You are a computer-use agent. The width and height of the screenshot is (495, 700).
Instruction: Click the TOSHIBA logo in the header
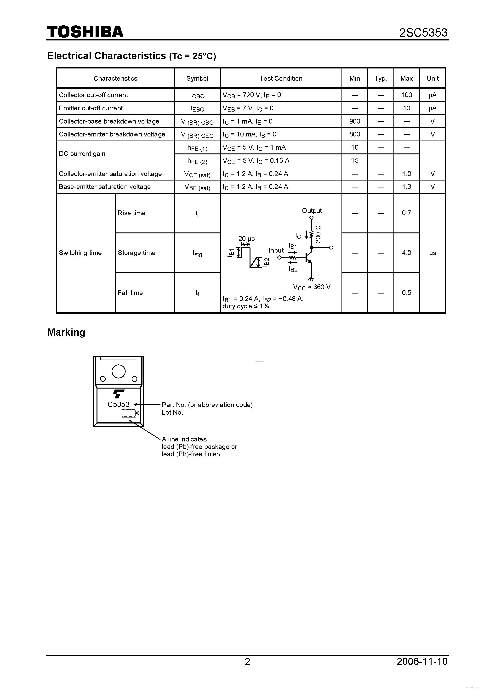point(85,32)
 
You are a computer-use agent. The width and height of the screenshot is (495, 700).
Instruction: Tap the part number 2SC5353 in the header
point(423,33)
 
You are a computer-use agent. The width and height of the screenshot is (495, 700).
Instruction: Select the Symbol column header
point(197,78)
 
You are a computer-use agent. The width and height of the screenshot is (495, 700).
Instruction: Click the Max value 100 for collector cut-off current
point(406,95)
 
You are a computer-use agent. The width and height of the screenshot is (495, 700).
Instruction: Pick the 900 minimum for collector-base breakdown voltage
point(354,121)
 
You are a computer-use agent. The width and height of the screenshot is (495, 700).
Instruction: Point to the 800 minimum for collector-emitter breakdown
point(354,134)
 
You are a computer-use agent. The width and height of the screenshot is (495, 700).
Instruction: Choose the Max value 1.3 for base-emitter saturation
point(406,186)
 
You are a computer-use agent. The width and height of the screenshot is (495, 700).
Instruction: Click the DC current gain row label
point(82,154)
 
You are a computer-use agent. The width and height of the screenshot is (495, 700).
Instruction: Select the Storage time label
point(136,253)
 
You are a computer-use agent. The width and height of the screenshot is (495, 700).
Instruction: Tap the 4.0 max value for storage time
point(406,253)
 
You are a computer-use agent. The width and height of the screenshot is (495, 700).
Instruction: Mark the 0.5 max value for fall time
point(406,293)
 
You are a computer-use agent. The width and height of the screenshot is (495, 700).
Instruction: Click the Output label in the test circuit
point(312,211)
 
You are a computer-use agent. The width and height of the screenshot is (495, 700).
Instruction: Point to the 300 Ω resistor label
point(318,234)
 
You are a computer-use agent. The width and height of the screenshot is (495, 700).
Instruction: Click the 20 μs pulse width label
point(246,239)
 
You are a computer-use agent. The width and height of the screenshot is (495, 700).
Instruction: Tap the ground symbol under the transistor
point(311,279)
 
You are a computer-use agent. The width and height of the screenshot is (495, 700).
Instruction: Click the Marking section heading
point(66,332)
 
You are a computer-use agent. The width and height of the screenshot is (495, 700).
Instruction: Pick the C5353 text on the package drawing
point(118,405)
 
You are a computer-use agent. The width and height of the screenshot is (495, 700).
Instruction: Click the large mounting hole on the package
point(118,371)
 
